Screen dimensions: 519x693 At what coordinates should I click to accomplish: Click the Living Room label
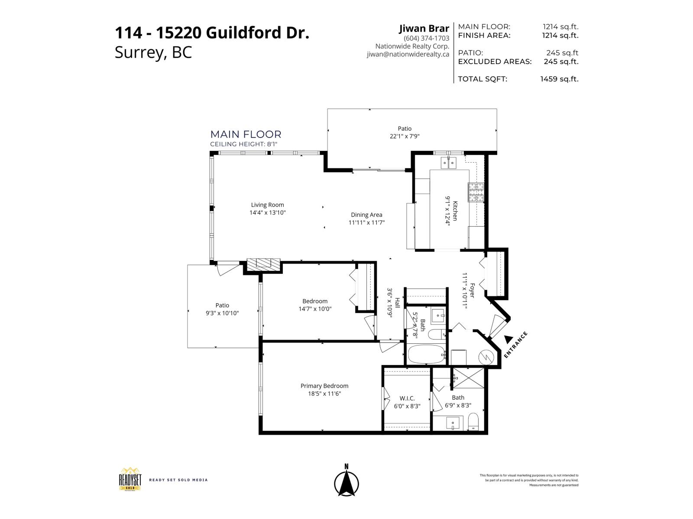pyautogui.click(x=267, y=205)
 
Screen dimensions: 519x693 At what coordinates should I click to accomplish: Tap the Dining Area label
pyautogui.click(x=366, y=215)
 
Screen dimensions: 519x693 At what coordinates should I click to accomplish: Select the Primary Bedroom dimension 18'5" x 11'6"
pyautogui.click(x=324, y=394)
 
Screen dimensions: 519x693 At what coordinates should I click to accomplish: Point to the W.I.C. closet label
pyautogui.click(x=407, y=398)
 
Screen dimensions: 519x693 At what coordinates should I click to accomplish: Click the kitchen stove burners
pyautogui.click(x=475, y=192)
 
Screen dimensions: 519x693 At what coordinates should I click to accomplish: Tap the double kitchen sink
pyautogui.click(x=448, y=163)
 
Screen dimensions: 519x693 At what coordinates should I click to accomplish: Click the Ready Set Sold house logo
pyautogui.click(x=130, y=479)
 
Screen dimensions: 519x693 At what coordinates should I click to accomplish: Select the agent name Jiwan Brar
pyautogui.click(x=424, y=29)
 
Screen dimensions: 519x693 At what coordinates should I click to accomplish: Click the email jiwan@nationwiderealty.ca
pyautogui.click(x=408, y=54)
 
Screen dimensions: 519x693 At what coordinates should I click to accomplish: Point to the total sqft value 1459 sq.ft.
pyautogui.click(x=559, y=79)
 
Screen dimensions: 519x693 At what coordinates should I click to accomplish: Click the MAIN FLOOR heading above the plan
pyautogui.click(x=246, y=135)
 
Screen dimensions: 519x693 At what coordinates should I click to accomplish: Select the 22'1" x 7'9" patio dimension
pyautogui.click(x=405, y=136)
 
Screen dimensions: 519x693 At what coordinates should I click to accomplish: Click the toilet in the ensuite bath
pyautogui.click(x=473, y=422)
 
